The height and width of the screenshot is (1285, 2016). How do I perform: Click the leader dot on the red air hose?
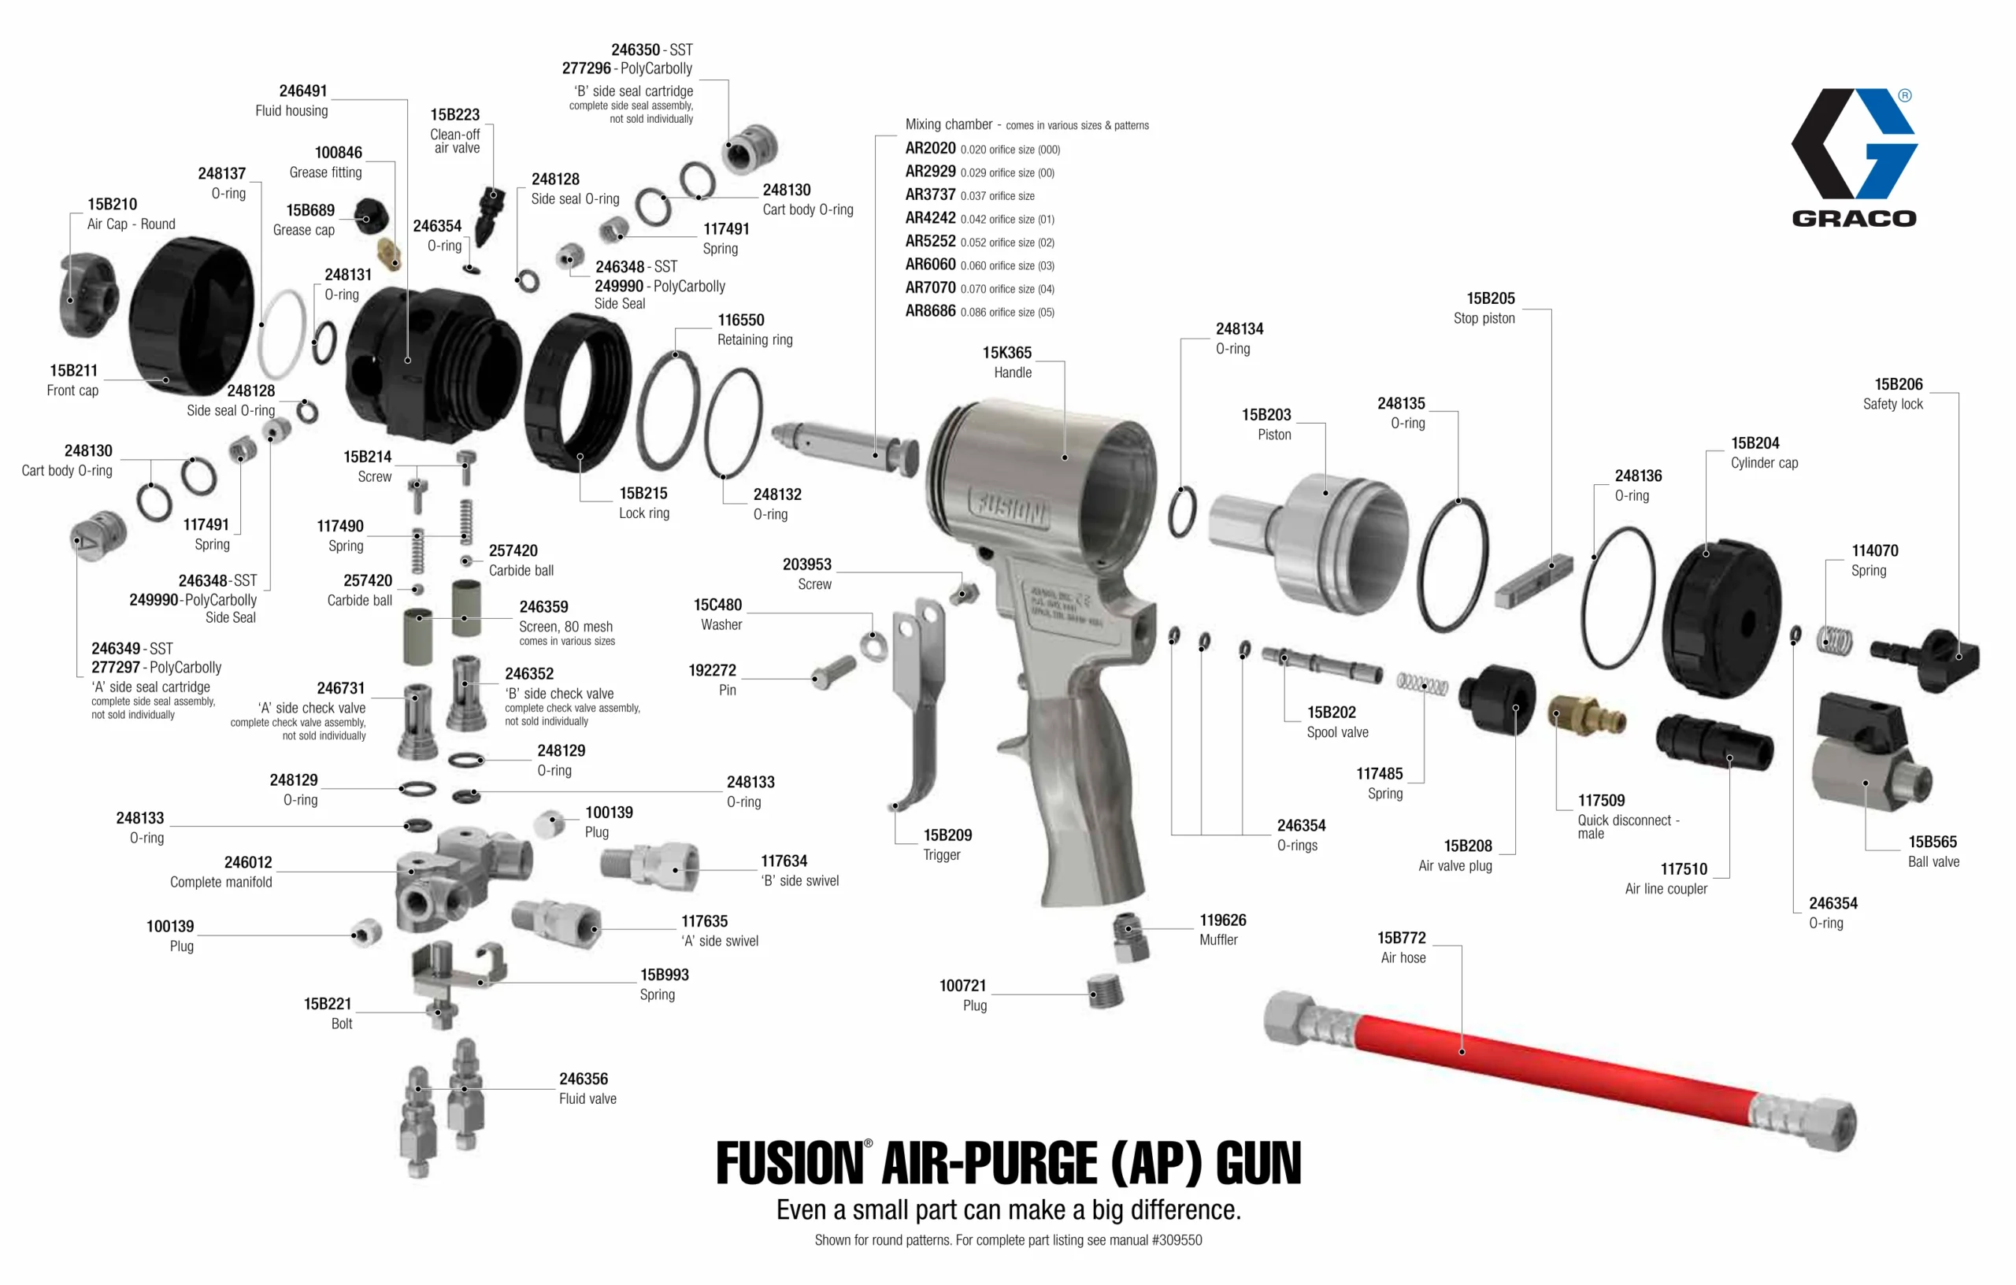[x=1462, y=1051]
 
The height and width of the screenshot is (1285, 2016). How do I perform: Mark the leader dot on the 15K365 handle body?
[x=1064, y=457]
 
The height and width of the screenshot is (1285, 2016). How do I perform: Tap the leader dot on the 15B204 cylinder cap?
[x=1707, y=554]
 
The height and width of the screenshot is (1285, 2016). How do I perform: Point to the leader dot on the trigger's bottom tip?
[x=895, y=806]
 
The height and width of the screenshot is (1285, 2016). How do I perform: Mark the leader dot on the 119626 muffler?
[x=1128, y=928]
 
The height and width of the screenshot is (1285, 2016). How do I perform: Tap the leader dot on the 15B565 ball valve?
[x=1866, y=783]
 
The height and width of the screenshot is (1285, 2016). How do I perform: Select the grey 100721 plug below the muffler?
[x=1106, y=991]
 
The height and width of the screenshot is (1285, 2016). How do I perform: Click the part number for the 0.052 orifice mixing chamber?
[x=930, y=241]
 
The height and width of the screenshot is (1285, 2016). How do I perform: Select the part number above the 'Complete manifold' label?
[x=248, y=862]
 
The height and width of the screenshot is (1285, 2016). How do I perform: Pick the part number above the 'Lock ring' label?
[x=643, y=493]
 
